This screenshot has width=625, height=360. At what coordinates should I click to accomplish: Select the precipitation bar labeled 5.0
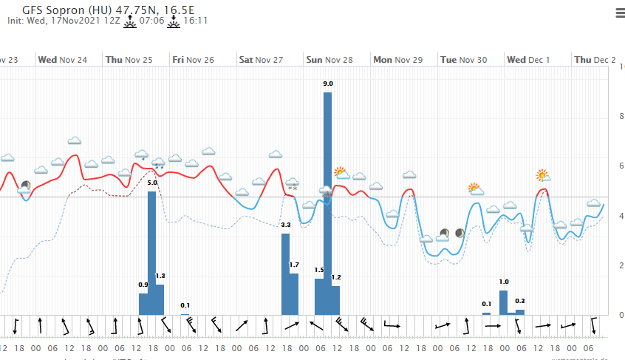(151, 251)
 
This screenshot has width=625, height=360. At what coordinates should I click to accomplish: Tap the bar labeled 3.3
(285, 274)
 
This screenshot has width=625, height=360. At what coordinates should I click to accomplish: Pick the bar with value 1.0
(504, 302)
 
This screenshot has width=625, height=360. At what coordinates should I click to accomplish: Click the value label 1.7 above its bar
(293, 265)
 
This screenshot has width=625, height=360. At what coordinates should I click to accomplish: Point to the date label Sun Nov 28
(329, 59)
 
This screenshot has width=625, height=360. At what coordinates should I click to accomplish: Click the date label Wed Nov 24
(62, 59)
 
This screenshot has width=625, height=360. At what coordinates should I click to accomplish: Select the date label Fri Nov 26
(193, 59)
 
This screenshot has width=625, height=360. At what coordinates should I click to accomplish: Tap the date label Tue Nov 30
(463, 59)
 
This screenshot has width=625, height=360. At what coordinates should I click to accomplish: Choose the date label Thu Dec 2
(595, 59)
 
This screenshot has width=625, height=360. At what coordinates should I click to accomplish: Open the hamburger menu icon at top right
(619, 13)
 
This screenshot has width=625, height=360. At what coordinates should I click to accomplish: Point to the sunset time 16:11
(195, 21)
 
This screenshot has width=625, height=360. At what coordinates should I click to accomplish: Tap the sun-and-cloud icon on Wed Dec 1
(543, 175)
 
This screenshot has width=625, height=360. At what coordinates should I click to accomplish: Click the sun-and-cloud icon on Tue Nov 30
(475, 189)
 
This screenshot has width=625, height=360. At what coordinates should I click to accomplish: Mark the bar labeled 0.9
(143, 303)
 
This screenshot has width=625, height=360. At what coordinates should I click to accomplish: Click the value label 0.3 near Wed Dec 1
(520, 301)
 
